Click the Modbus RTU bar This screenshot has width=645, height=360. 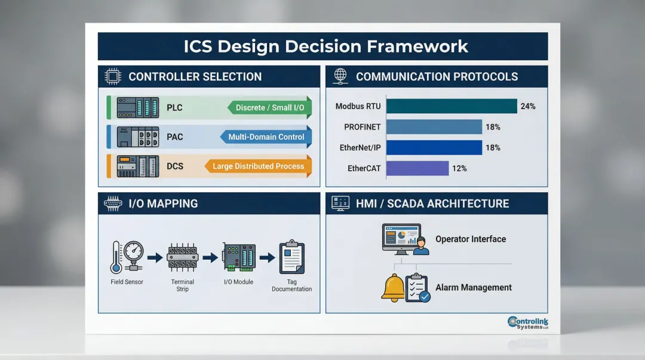point(451,106)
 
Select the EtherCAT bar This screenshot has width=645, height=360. point(417,168)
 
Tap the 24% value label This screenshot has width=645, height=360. point(528,106)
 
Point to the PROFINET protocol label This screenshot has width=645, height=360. point(363,127)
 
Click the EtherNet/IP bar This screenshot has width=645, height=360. point(434,147)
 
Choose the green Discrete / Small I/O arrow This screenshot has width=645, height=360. point(270,107)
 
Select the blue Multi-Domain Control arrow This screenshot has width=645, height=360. point(266,137)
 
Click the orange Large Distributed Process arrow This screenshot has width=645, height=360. point(259,166)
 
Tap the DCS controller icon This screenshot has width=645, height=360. point(137,166)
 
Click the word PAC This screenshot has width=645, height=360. point(175,137)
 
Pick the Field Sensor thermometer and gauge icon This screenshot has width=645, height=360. point(127,257)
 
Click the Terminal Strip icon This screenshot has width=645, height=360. point(182,257)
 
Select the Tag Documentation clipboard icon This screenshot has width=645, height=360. point(291,257)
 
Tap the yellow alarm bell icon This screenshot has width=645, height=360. point(393,287)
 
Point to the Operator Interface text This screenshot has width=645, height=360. point(471,239)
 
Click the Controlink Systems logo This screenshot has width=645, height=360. point(528,323)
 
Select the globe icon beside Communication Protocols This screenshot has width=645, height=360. point(340,76)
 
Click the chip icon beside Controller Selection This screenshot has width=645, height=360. point(112,76)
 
